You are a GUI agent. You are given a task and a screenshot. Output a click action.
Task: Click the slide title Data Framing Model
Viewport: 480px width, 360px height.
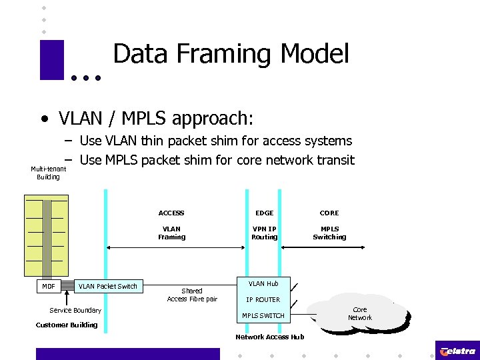[231, 54]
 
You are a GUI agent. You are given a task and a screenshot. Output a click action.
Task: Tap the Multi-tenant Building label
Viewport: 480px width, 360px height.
[48, 173]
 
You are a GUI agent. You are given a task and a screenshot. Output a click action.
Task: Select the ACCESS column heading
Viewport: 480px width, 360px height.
[171, 213]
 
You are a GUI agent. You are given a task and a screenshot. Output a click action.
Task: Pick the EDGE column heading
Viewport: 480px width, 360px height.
[265, 213]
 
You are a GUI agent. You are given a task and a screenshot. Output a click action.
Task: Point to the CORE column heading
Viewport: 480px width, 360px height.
[329, 213]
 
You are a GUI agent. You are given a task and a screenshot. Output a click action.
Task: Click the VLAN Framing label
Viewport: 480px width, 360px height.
[171, 233]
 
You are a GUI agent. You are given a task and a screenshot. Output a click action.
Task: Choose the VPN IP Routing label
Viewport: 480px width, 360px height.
[265, 233]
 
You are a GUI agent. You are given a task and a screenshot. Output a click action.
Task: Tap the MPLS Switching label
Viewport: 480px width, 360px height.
[329, 233]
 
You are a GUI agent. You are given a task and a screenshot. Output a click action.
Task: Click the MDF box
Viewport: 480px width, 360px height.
[49, 287]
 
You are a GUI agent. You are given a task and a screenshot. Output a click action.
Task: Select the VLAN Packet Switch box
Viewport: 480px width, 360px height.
[107, 287]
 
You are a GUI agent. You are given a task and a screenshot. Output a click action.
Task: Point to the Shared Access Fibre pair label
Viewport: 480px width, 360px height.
[192, 295]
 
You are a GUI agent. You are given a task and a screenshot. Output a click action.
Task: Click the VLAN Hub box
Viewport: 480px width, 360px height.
[263, 284]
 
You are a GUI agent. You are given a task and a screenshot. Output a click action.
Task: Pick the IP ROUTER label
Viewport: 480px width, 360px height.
[263, 300]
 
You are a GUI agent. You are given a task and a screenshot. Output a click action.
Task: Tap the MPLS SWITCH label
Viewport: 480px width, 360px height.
[263, 316]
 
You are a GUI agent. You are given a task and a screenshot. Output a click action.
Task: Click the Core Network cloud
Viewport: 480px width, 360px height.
[360, 314]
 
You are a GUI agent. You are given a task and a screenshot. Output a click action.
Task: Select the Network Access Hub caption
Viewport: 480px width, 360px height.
[269, 337]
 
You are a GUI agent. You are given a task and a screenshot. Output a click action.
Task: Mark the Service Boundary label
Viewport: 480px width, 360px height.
[75, 311]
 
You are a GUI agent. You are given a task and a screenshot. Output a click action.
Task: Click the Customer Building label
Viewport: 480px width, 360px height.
[66, 325]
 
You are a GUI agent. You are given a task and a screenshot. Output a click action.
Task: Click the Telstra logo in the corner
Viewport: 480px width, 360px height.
[457, 351]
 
